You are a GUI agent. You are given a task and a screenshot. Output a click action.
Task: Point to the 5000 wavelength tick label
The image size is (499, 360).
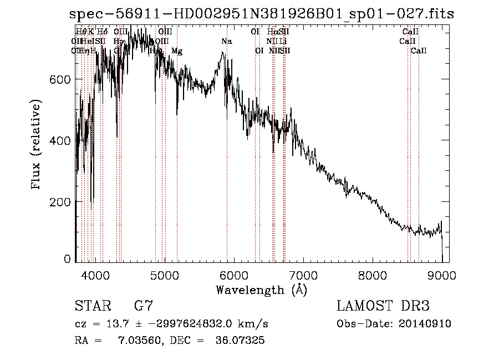point(164,275)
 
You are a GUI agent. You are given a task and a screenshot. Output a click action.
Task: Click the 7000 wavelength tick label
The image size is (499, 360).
point(303,275)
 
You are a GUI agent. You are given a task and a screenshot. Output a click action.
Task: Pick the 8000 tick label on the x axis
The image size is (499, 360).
point(373,275)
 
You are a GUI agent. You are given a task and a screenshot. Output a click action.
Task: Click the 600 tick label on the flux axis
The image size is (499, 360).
point(60,79)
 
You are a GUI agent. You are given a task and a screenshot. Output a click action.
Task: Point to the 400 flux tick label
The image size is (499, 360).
point(60,141)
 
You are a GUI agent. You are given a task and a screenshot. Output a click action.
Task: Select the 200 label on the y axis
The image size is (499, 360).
point(60,202)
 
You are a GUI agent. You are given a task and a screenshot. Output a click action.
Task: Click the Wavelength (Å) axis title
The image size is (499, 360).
point(261,290)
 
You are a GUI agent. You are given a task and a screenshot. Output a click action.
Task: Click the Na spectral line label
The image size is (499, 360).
point(226,42)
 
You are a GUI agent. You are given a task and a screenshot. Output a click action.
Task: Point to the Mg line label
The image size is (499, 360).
point(177,51)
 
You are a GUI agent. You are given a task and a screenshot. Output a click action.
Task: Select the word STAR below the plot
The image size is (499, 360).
point(91,306)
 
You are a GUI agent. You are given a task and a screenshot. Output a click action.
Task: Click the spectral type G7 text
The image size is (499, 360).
point(144,306)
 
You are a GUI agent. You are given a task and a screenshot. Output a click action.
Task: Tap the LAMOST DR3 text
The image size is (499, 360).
point(383,306)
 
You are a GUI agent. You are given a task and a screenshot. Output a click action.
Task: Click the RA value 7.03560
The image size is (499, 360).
point(134,341)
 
